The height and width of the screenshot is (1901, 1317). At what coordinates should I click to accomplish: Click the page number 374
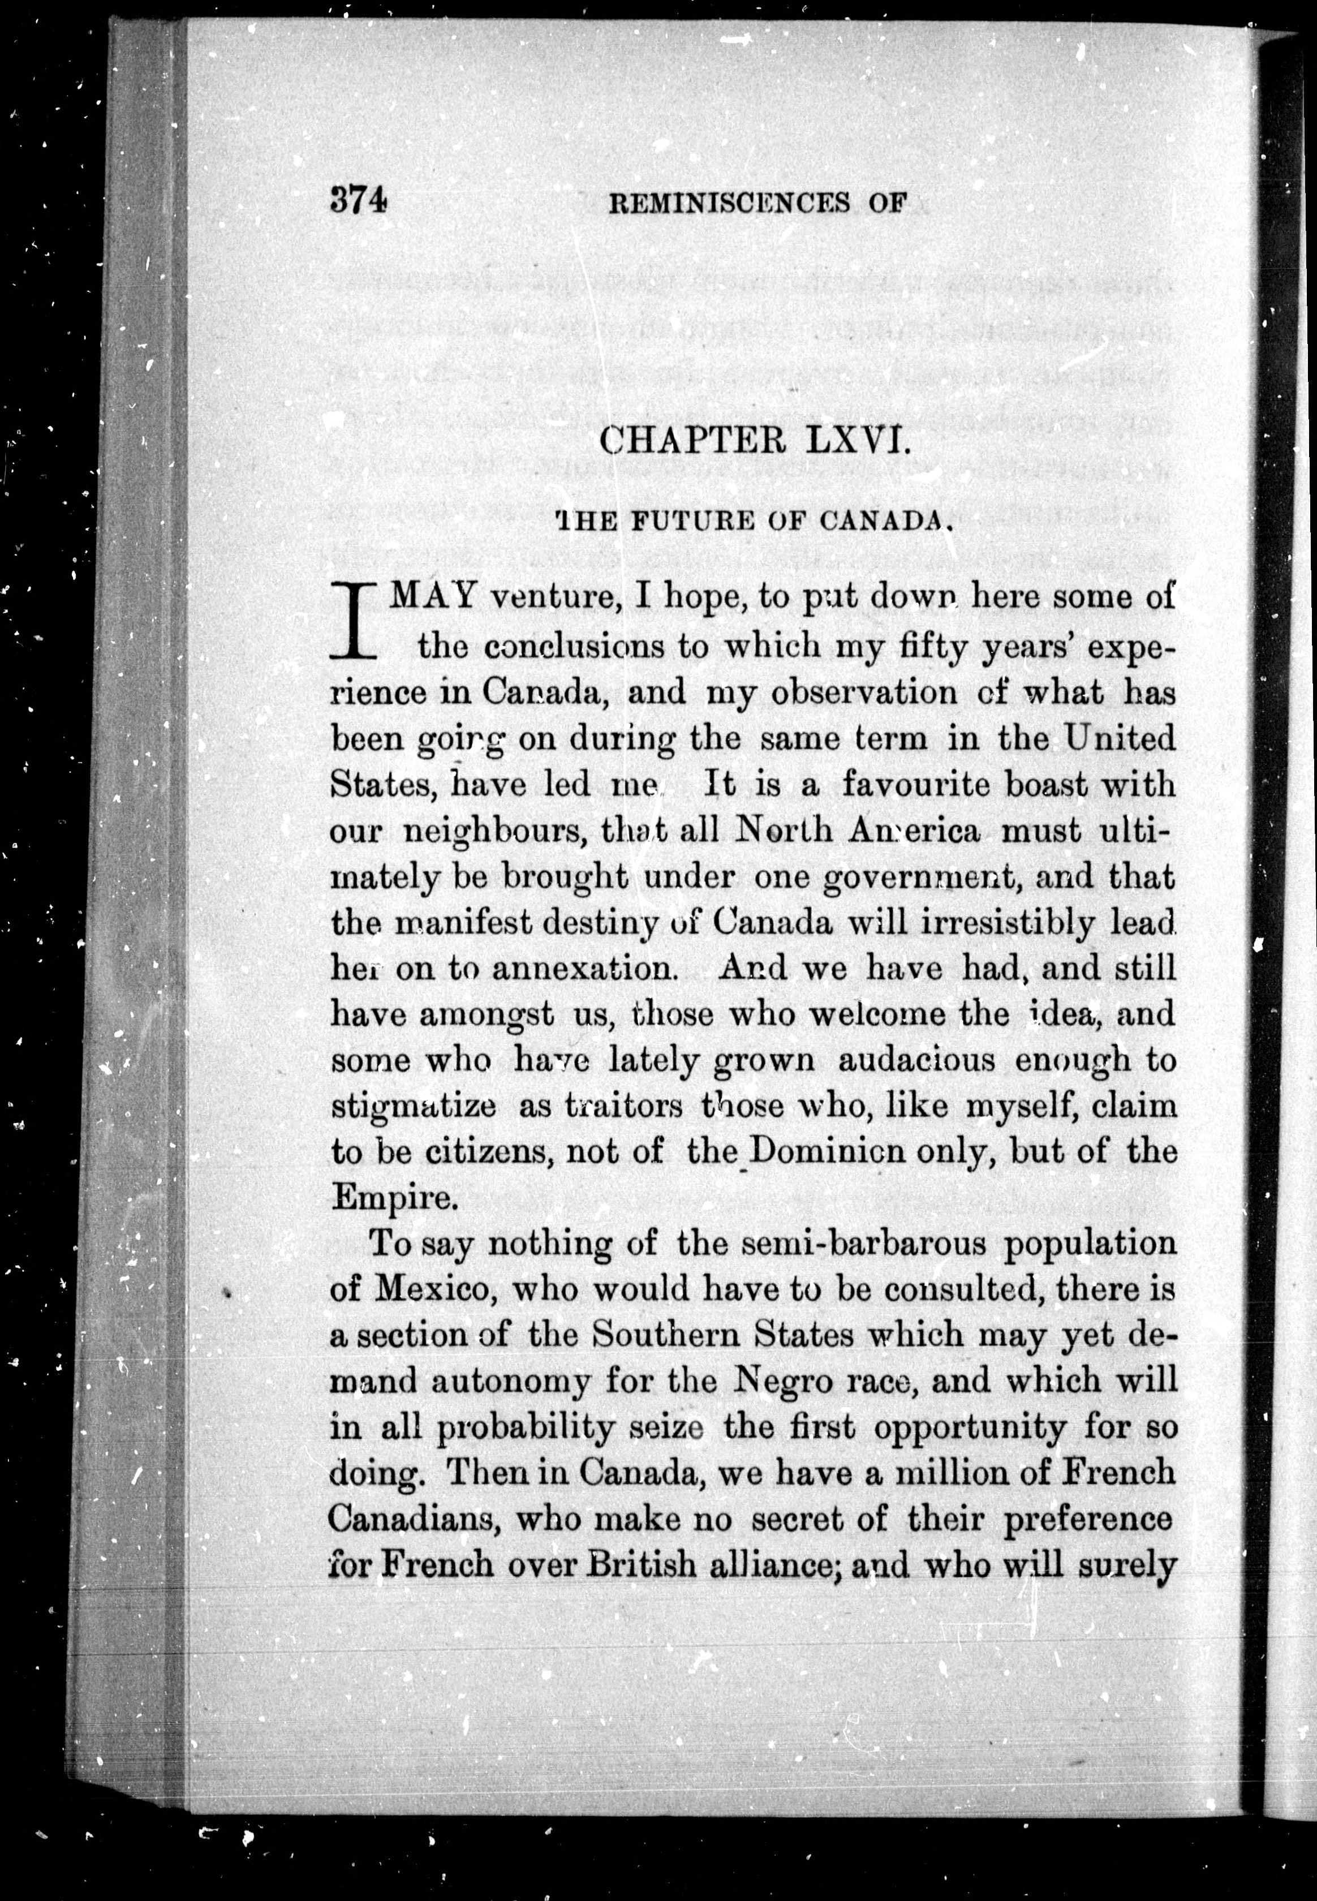pyautogui.click(x=358, y=200)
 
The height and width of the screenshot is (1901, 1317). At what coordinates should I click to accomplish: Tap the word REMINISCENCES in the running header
pyautogui.click(x=729, y=203)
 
